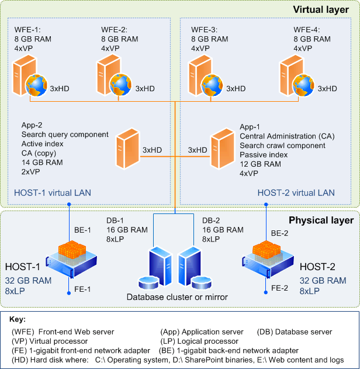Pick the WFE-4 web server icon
pyautogui.click(x=293, y=74)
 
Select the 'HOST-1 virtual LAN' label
pyautogui.click(x=53, y=192)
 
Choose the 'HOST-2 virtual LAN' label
pyautogui.click(x=296, y=192)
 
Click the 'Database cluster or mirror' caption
pyautogui.click(x=177, y=297)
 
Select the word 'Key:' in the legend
pyautogui.click(x=19, y=320)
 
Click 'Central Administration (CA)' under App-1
pyautogui.click(x=286, y=136)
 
